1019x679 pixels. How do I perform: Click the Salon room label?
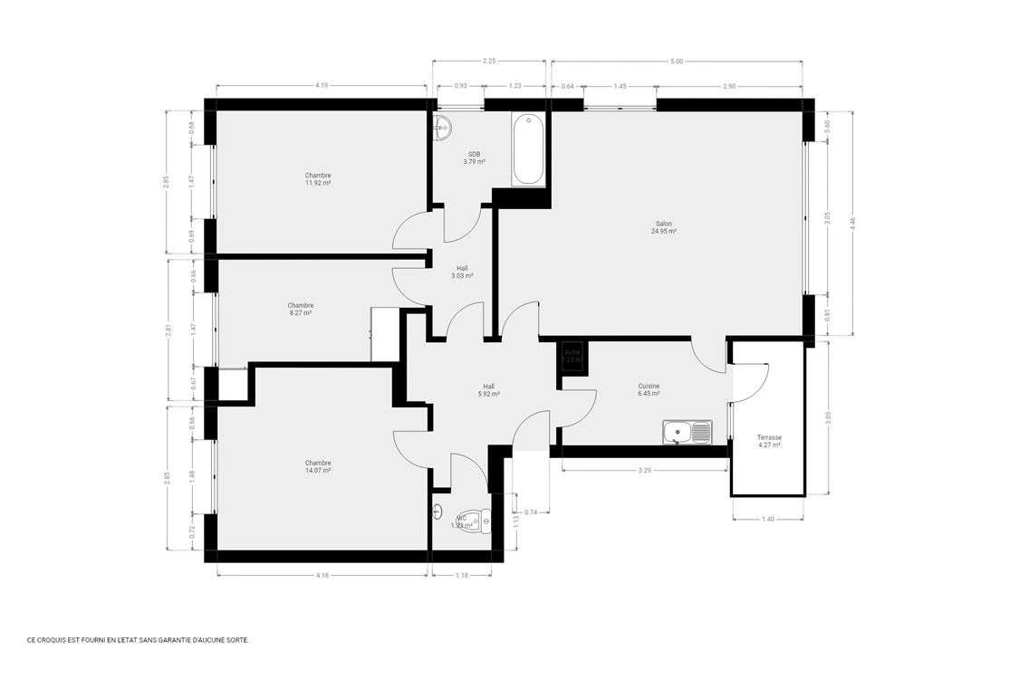click(x=664, y=227)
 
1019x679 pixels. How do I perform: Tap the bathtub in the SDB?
click(x=528, y=149)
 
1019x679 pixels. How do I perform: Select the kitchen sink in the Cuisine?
click(x=687, y=434)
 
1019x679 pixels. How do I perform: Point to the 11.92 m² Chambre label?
click(x=318, y=179)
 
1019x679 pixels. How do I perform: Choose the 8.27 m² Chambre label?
click(x=301, y=309)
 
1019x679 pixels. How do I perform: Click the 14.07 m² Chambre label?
click(x=318, y=466)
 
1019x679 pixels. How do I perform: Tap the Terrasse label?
click(x=769, y=441)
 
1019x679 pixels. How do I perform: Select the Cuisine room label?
click(x=649, y=389)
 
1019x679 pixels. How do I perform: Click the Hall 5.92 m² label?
click(x=489, y=390)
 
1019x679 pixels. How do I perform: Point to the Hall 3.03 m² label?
click(x=462, y=272)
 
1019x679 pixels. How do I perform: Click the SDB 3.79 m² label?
click(x=474, y=158)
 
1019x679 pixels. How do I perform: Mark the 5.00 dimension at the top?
click(x=677, y=62)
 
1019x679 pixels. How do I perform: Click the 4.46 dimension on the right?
click(x=852, y=224)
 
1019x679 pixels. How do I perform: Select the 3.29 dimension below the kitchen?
click(x=644, y=471)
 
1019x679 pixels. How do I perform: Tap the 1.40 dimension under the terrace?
click(x=768, y=519)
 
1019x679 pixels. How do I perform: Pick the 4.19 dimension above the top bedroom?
click(x=321, y=85)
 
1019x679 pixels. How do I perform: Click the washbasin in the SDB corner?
click(x=442, y=128)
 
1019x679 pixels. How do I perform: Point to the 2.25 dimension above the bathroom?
click(x=489, y=62)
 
